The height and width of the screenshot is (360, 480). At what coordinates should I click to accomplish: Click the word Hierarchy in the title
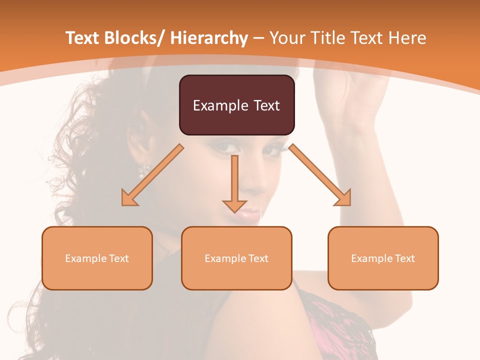tap(208, 38)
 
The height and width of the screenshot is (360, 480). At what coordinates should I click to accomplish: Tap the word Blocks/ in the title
tap(135, 38)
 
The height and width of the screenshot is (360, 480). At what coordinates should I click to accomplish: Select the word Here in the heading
tap(407, 38)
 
